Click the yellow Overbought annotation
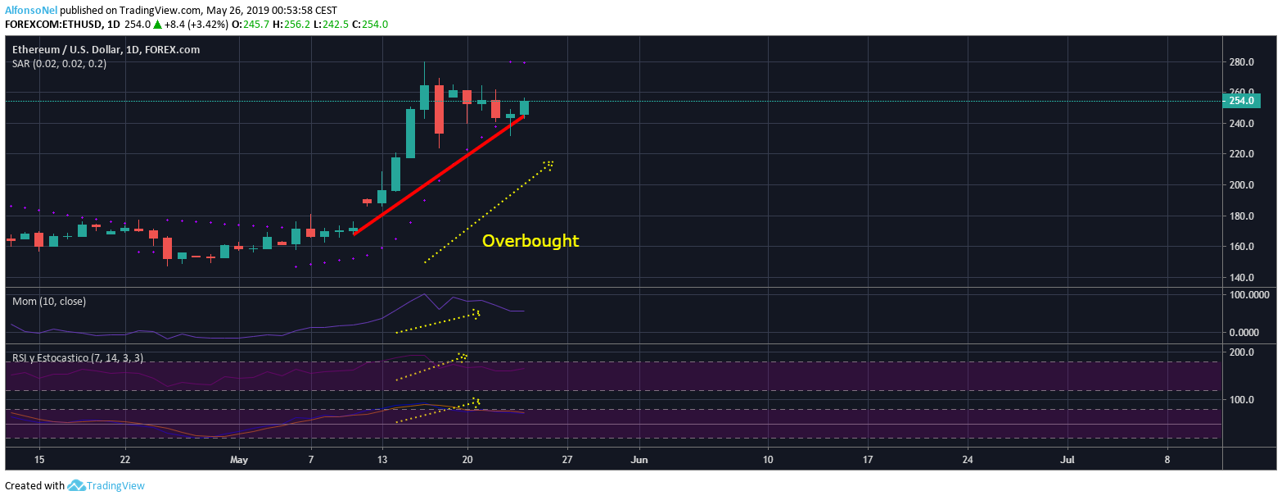(x=530, y=241)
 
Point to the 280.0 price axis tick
(x=1242, y=62)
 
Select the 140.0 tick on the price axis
(x=1242, y=278)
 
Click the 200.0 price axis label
(x=1242, y=185)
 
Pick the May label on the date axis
(x=239, y=460)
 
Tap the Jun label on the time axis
(x=639, y=460)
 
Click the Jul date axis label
(x=1068, y=460)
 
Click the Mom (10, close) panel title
(x=49, y=302)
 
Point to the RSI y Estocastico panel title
(x=78, y=358)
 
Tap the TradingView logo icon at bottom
(x=77, y=485)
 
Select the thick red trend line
(x=439, y=175)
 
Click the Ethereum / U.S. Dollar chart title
(x=106, y=50)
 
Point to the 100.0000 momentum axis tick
(x=1248, y=294)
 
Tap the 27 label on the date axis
(x=567, y=460)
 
